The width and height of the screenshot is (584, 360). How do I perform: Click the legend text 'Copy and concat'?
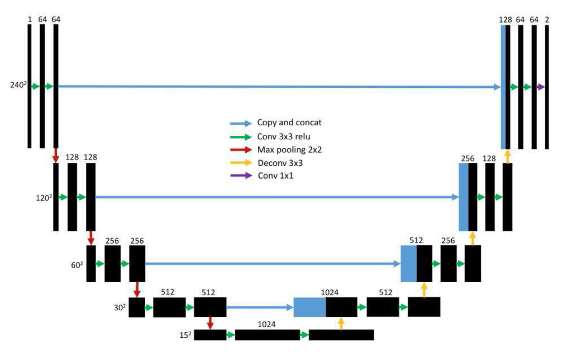click(x=283, y=123)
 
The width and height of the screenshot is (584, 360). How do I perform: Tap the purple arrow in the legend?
click(x=240, y=175)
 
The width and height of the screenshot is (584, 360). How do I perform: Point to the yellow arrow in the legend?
click(x=240, y=162)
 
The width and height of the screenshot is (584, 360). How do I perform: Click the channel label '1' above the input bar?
click(x=30, y=19)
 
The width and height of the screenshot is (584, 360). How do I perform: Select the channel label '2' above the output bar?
click(x=547, y=19)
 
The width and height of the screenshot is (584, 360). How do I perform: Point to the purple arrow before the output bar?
click(x=540, y=87)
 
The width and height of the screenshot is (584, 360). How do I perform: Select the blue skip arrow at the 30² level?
click(x=259, y=307)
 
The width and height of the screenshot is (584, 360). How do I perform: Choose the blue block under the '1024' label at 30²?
click(x=310, y=307)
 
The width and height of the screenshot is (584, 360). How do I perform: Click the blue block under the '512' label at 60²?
click(x=409, y=263)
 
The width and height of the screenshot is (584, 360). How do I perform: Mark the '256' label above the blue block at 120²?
click(x=467, y=158)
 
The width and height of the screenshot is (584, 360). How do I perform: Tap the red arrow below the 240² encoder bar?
click(x=56, y=155)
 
